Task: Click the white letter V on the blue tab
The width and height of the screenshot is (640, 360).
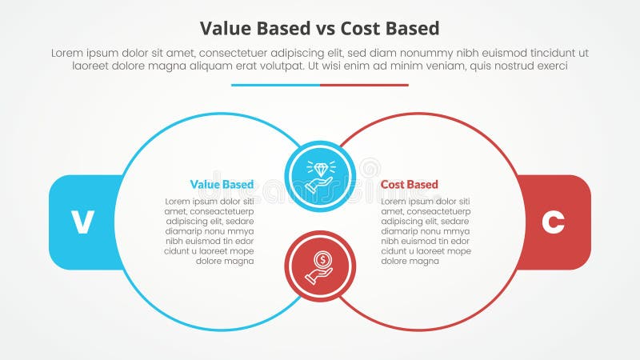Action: click(x=82, y=222)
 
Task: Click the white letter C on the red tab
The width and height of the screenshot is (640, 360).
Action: click(x=553, y=222)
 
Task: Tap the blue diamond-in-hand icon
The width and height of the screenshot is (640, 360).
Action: click(x=320, y=177)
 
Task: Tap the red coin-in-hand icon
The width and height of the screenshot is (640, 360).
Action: click(x=320, y=266)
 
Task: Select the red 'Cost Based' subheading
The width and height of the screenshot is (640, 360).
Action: click(x=409, y=185)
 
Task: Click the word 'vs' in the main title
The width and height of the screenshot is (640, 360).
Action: click(x=322, y=29)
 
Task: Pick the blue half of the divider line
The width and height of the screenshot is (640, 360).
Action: click(x=275, y=85)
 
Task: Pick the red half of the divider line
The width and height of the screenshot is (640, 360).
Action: click(x=364, y=85)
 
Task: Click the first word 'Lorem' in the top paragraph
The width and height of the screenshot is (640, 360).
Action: click(x=67, y=52)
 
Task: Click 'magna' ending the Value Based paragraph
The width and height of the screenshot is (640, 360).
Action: click(x=239, y=261)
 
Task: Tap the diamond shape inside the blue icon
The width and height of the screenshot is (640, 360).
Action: click(x=320, y=170)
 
